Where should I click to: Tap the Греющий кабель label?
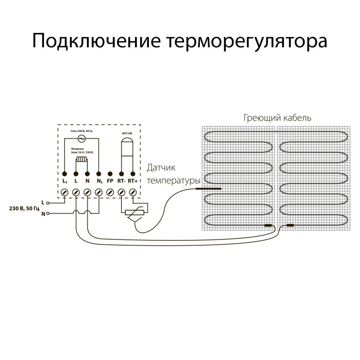point(277,118)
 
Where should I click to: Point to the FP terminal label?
point(110,181)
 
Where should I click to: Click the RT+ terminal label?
point(133,181)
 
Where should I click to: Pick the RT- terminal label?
point(121,181)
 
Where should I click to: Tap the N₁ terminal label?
point(99,181)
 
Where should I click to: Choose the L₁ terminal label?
point(65,181)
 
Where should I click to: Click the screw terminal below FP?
point(110,192)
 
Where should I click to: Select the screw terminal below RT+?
point(133,192)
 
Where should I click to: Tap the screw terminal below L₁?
point(65,192)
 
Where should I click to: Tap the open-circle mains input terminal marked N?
point(48,214)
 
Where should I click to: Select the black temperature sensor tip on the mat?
point(209,189)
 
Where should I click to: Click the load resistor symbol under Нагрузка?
point(82,159)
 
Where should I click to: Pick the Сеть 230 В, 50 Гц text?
point(82,130)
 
